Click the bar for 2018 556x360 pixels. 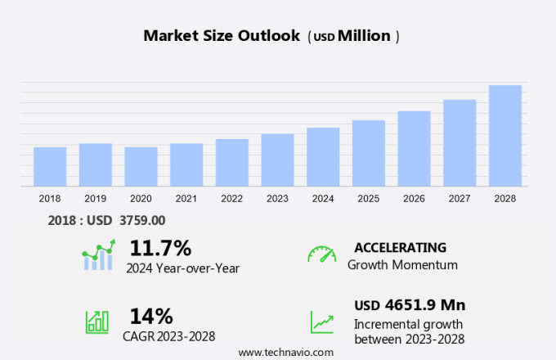pyautogui.click(x=50, y=167)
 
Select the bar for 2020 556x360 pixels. pyautogui.click(x=141, y=167)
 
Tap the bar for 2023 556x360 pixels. pyautogui.click(x=277, y=160)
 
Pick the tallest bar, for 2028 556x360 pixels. pyautogui.click(x=505, y=136)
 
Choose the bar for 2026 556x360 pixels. pyautogui.click(x=414, y=149)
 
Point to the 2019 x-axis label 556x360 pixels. pyautogui.click(x=95, y=199)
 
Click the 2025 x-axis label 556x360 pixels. pyautogui.click(x=368, y=199)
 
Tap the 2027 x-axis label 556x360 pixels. pyautogui.click(x=460, y=199)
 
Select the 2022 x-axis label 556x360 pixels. pyautogui.click(x=231, y=199)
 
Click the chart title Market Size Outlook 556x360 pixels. pyautogui.click(x=222, y=36)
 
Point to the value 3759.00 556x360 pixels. pyautogui.click(x=142, y=220)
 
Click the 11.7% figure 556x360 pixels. pyautogui.click(x=160, y=248)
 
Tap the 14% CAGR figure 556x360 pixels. pyautogui.click(x=151, y=316)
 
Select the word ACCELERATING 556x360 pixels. pyautogui.click(x=400, y=248)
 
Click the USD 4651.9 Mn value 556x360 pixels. pyautogui.click(x=410, y=305)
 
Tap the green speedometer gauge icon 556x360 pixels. pyautogui.click(x=321, y=254)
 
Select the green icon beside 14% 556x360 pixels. pyautogui.click(x=97, y=321)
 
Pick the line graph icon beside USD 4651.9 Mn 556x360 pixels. pyautogui.click(x=321, y=322)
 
